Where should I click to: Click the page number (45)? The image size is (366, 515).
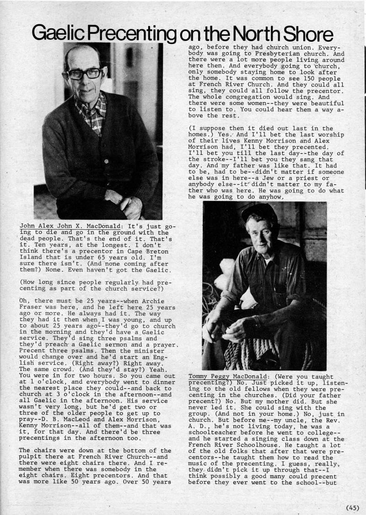pyautogui.click(x=353, y=507)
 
